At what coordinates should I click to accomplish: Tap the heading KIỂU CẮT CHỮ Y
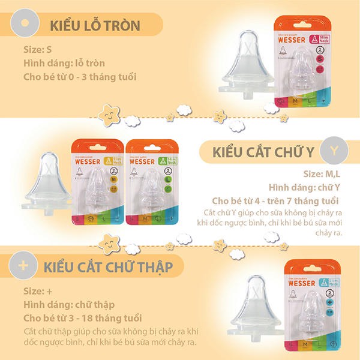pos(264,153)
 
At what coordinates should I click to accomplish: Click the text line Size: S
pos(37,49)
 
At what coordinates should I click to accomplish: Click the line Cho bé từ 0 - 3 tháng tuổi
pos(80,77)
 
